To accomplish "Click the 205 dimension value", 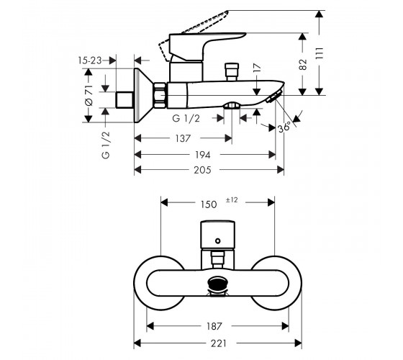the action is click(x=202, y=170).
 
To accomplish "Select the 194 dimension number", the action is click(x=202, y=155).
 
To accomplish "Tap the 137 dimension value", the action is click(x=183, y=138).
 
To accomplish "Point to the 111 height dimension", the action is click(x=319, y=53).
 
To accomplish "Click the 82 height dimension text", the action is click(x=303, y=65).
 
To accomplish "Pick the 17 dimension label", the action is click(x=257, y=68).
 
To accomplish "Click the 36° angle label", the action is click(x=285, y=127).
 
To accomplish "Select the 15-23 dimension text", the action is click(x=90, y=60).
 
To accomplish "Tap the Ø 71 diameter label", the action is click(x=89, y=95).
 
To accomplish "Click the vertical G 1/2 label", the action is click(x=106, y=145).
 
